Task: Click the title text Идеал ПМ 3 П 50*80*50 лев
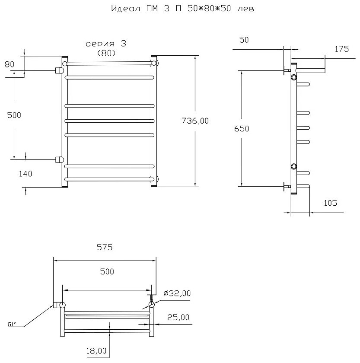pyautogui.click(x=183, y=9)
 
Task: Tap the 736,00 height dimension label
pyautogui.click(x=195, y=121)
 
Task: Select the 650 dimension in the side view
pyautogui.click(x=242, y=128)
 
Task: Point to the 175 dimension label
pyautogui.click(x=342, y=49)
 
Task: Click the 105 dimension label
pyautogui.click(x=330, y=203)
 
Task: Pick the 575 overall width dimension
pyautogui.click(x=105, y=248)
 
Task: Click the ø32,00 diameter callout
pyautogui.click(x=177, y=293)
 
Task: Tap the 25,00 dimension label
pyautogui.click(x=178, y=317)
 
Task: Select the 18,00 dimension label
pyautogui.click(x=96, y=351)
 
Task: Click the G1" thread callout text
pyautogui.click(x=12, y=325)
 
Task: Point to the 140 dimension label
pyautogui.click(x=25, y=174)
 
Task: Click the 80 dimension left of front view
pyautogui.click(x=10, y=64)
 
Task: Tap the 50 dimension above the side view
pyautogui.click(x=244, y=40)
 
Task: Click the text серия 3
pyautogui.click(x=106, y=44)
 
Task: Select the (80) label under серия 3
pyautogui.click(x=106, y=53)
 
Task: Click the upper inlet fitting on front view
pyautogui.click(x=59, y=70)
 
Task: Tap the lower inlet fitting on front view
pyautogui.click(x=59, y=159)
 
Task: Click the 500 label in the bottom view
pyautogui.click(x=107, y=271)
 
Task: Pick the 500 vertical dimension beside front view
pyautogui.click(x=14, y=115)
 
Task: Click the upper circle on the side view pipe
pyautogui.click(x=294, y=77)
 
